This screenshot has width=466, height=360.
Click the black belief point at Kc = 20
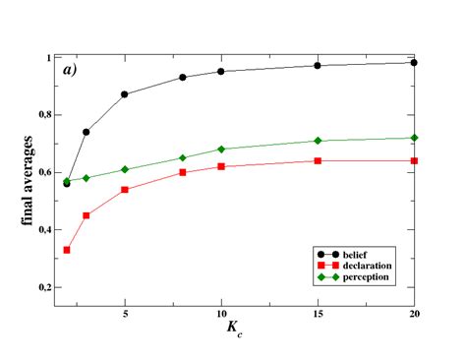point(414,62)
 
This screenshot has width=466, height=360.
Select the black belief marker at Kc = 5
point(125,94)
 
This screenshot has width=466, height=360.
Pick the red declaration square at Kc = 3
point(87,215)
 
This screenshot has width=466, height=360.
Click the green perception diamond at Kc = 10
point(221,150)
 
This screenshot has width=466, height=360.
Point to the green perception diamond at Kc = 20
point(414,138)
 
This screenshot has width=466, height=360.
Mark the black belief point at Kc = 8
point(183,77)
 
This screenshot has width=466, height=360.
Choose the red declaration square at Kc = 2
point(67,250)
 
